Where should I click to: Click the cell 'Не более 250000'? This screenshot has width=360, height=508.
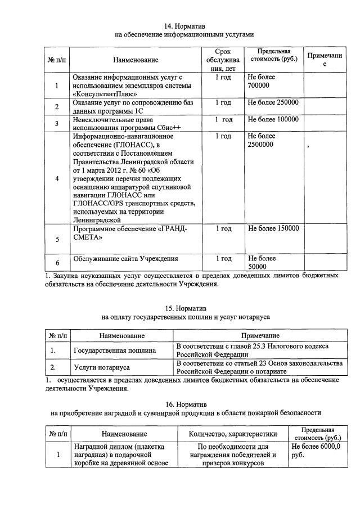click(273, 103)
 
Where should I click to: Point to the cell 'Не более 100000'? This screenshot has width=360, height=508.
click(273, 120)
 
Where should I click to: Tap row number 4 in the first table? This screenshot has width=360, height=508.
click(57, 178)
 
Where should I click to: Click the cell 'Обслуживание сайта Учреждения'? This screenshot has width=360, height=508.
click(126, 259)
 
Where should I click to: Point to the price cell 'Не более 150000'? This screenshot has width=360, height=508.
click(273, 228)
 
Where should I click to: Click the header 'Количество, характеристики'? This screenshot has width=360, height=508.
click(233, 434)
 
